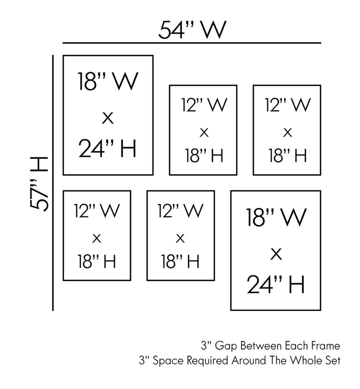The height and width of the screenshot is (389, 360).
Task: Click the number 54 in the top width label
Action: pyautogui.click(x=171, y=30)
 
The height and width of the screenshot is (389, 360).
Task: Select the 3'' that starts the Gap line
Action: pyautogui.click(x=204, y=345)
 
